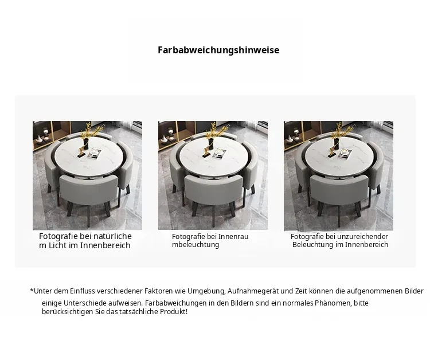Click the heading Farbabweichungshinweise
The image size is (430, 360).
coord(218,50)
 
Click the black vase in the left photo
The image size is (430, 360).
coord(86,144)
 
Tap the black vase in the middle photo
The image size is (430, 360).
coord(212,144)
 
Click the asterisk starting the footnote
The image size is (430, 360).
coord(32,290)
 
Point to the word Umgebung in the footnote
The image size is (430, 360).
coord(206,291)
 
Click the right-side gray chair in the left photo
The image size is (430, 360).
coord(126,167)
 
